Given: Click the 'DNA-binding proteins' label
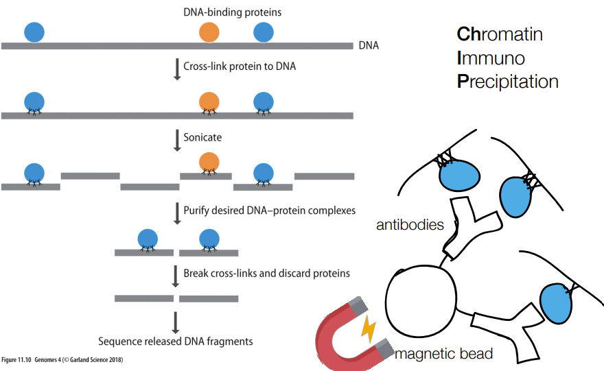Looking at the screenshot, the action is click(232, 12).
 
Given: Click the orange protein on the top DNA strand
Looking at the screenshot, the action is click(209, 32).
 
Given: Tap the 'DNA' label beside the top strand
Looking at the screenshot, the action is click(369, 45).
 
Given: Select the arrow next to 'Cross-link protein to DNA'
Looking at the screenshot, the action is click(177, 69).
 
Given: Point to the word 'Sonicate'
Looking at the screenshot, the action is click(202, 137).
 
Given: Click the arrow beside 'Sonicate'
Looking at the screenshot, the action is click(177, 141).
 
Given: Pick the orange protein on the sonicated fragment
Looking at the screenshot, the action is click(209, 162).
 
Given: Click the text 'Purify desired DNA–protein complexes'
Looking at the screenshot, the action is click(269, 211).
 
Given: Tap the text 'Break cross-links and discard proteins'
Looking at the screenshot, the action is click(266, 273).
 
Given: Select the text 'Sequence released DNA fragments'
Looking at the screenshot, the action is click(175, 342).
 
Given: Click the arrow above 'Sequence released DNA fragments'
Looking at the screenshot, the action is click(176, 322).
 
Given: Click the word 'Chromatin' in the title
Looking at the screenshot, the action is click(500, 34).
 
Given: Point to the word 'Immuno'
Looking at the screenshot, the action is click(491, 58).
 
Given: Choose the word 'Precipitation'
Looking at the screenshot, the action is click(508, 82).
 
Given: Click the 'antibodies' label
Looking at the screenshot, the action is click(410, 225).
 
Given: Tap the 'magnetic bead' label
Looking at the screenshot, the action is click(444, 354).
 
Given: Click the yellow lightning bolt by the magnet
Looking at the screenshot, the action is click(369, 329).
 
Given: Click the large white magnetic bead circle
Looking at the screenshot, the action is click(421, 300).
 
